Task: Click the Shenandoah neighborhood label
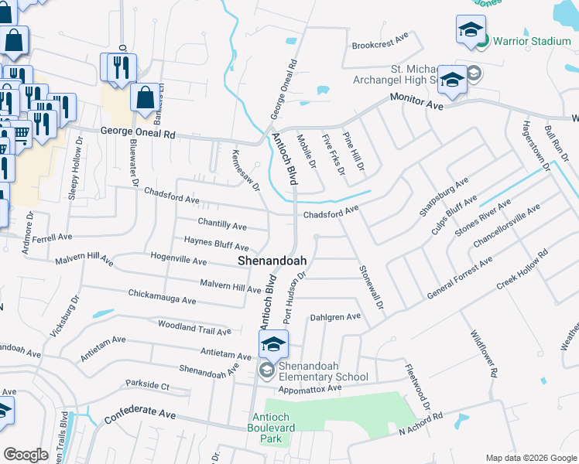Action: point(271,261)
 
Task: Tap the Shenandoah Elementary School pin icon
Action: point(273,344)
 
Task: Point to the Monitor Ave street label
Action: point(417,101)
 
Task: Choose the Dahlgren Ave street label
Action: point(335,316)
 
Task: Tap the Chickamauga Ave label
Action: point(162,297)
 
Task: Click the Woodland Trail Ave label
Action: point(194,328)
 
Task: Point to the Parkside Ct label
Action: point(147,384)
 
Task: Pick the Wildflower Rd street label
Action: point(484,353)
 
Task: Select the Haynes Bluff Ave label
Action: point(216,244)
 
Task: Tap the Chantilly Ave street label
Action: point(222,225)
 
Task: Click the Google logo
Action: point(26,455)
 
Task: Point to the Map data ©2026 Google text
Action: point(530,458)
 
